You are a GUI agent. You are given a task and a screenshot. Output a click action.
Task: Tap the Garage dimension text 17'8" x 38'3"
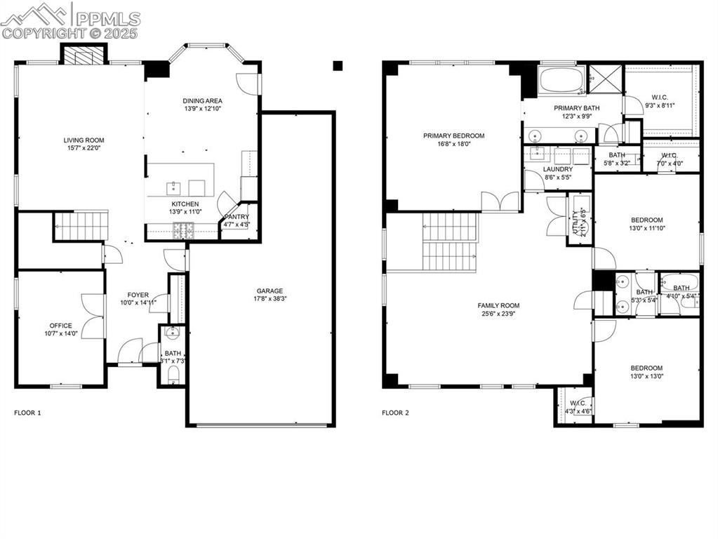tap(270, 299)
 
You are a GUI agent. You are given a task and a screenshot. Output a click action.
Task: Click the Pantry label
tap(237, 217)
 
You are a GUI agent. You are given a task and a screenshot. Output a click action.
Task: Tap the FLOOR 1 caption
tap(27, 413)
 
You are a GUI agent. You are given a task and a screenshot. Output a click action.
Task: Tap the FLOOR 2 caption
tap(395, 413)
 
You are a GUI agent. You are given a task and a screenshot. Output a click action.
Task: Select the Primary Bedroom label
tap(453, 136)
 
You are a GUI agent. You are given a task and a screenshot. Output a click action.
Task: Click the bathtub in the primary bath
tap(561, 79)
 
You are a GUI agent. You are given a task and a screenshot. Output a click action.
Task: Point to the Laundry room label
tap(558, 169)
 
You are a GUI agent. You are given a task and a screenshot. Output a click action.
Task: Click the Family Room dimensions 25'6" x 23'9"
tap(498, 314)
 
